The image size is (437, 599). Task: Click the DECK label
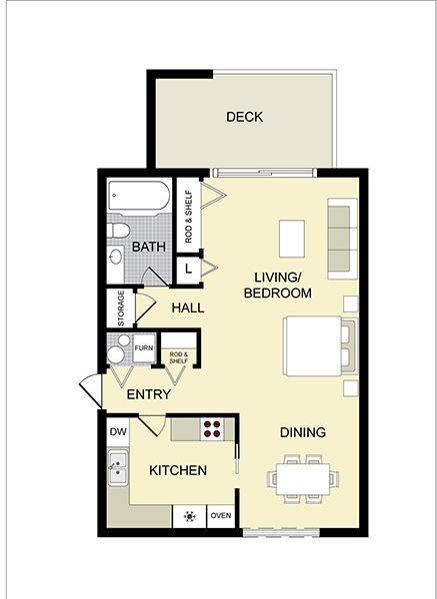244,117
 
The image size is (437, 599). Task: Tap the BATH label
149,246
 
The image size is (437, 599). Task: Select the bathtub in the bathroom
139,196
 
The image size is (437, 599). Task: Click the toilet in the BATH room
120,232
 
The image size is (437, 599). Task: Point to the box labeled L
188,268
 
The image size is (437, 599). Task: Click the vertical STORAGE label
121,308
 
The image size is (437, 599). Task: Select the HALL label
187,307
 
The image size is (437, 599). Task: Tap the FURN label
144,348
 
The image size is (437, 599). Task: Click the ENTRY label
148,394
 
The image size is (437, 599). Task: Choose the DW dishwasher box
118,432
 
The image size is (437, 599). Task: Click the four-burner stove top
212,428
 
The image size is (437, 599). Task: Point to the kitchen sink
118,466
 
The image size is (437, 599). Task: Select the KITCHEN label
178,470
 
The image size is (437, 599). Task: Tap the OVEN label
220,516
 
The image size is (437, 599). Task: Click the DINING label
302,432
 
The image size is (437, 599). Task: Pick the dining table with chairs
300,478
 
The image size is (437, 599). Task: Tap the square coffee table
292,237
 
